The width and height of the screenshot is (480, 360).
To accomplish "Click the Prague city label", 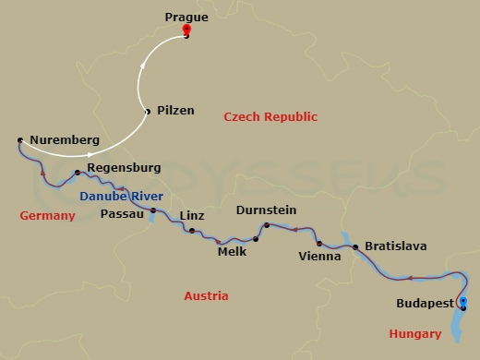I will (x=186, y=17).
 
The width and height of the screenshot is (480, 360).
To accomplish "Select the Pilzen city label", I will (x=175, y=110).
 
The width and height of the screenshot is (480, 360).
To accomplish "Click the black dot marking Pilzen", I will (x=148, y=112).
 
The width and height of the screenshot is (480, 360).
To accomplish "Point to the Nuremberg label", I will (x=65, y=140).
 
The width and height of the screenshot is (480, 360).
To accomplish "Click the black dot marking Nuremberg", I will (x=19, y=140).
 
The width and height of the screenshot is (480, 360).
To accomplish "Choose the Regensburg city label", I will (x=123, y=168).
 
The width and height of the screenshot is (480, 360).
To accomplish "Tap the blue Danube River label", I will (x=121, y=197).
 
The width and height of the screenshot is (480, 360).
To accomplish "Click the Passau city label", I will (x=122, y=213).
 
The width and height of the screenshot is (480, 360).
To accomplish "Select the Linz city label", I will (x=191, y=215).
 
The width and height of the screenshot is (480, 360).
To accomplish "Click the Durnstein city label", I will (x=266, y=210).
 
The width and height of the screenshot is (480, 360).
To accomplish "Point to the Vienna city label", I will (x=320, y=256).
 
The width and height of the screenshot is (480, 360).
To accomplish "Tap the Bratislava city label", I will (x=396, y=246).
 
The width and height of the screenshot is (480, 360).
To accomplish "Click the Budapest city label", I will (x=424, y=303).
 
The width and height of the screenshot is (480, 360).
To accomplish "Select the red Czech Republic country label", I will (x=270, y=117).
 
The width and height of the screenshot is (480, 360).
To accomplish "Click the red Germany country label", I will (x=46, y=215).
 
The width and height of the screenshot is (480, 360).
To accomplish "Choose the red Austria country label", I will (x=206, y=296).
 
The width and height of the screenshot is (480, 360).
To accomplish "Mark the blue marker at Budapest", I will (x=463, y=302).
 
